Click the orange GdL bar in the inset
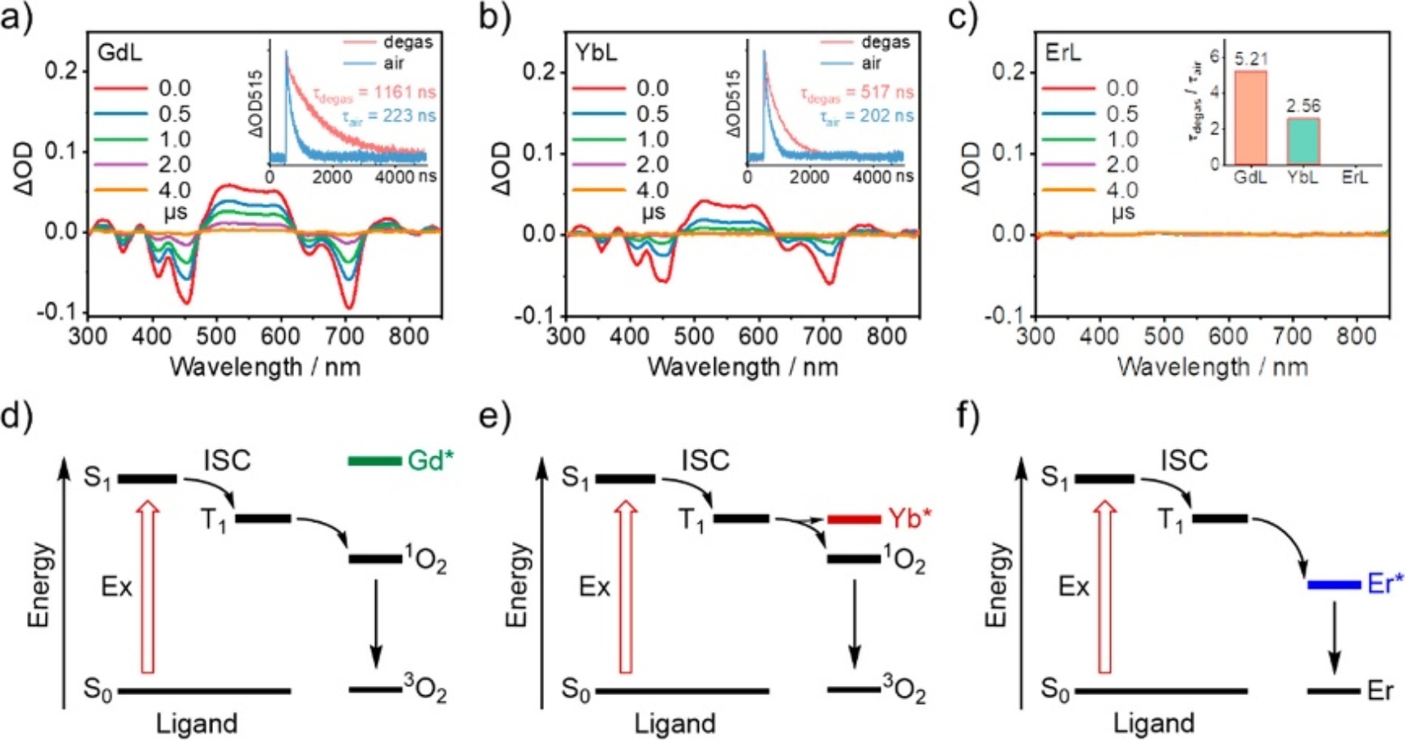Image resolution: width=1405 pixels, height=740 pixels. [1250, 117]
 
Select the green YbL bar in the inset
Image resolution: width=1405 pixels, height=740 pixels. [1303, 140]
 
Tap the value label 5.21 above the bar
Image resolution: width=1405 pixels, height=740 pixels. [1251, 60]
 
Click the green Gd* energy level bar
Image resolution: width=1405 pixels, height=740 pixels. [374, 461]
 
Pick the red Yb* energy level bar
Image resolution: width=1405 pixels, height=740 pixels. [854, 519]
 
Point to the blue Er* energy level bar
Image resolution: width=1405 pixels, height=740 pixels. [1334, 584]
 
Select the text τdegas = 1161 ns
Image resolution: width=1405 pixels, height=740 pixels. [374, 93]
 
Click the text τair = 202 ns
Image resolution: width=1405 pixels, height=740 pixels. [867, 116]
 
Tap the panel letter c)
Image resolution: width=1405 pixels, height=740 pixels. [962, 16]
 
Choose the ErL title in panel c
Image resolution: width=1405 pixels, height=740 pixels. [1063, 52]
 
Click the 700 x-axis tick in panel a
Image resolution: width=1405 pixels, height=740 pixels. [344, 337]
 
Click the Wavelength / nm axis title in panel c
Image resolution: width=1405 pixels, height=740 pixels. [1212, 366]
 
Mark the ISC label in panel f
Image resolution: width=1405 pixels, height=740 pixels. [1184, 461]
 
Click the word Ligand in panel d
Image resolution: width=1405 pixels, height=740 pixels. [197, 724]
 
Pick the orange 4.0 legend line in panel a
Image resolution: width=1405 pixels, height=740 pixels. [120, 190]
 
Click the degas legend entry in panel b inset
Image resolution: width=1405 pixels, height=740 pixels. [885, 42]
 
